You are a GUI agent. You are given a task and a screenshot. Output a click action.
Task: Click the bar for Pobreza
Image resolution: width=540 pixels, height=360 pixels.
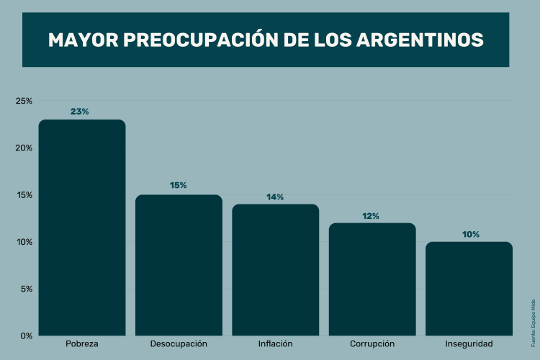82,228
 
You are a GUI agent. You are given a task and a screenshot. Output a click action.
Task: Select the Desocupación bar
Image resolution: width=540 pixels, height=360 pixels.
179,265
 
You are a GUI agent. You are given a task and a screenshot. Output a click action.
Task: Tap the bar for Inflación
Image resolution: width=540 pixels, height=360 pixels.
275,270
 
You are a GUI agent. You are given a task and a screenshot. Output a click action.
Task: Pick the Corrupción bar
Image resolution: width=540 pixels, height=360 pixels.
372,279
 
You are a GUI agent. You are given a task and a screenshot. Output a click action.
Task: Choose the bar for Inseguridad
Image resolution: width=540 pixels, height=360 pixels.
469,289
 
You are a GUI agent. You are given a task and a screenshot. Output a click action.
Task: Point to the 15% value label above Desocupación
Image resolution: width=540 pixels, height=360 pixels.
178,186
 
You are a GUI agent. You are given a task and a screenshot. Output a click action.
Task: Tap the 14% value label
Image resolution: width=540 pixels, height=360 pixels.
275,197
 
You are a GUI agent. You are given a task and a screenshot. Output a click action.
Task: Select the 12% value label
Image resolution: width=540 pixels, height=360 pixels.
372,215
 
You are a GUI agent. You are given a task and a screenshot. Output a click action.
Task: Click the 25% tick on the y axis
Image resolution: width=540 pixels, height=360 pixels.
24,101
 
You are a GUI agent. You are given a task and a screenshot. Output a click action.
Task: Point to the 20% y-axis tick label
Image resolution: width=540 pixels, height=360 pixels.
24,148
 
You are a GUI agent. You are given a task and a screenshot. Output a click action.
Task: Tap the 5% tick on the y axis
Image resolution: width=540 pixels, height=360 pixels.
25,289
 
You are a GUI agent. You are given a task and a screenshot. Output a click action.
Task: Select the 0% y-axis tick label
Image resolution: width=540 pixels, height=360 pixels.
25,336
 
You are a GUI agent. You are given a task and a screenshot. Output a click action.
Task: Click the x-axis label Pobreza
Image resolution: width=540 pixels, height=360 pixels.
81,344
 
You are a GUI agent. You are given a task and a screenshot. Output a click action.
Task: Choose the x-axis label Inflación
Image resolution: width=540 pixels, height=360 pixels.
275,344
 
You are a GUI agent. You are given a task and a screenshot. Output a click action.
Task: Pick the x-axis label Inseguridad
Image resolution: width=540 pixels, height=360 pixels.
469,344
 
